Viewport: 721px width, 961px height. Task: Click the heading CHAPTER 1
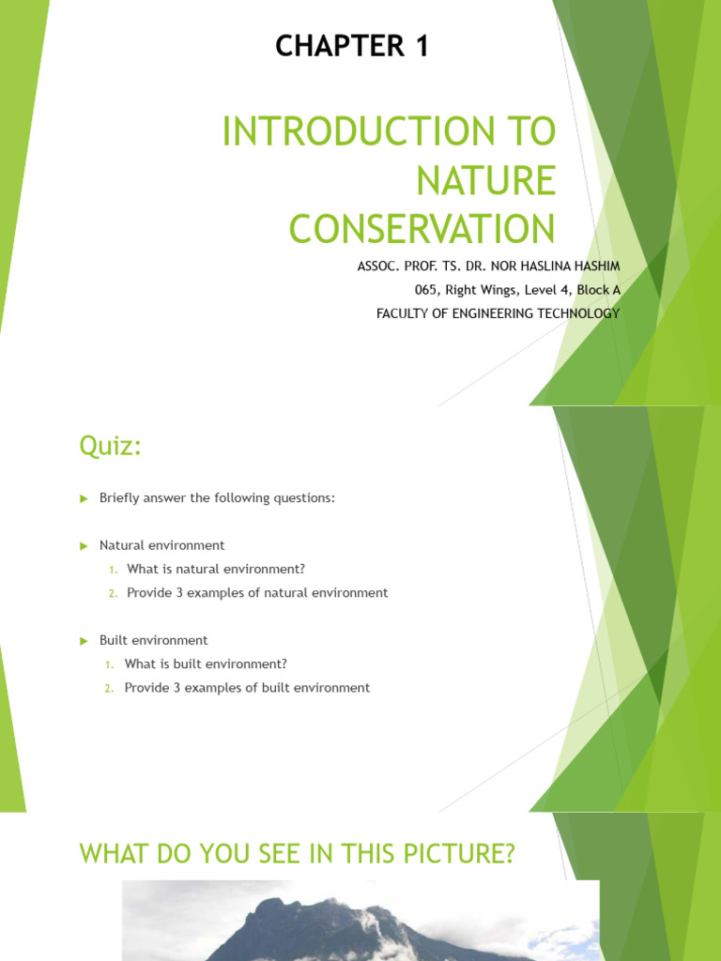(352, 46)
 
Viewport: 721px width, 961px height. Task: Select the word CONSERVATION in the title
(422, 230)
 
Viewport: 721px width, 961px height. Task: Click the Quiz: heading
(110, 448)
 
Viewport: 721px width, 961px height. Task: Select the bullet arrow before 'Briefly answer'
(83, 498)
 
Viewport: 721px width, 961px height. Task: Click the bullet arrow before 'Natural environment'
(83, 545)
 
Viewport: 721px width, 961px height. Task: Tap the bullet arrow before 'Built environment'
(83, 640)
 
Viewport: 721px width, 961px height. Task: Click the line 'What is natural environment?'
(216, 569)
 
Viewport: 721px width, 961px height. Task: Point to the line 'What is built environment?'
(206, 664)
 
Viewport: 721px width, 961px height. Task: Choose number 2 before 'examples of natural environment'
(112, 593)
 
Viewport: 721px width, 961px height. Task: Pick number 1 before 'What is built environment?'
(110, 664)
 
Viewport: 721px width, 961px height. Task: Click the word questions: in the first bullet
(304, 498)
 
